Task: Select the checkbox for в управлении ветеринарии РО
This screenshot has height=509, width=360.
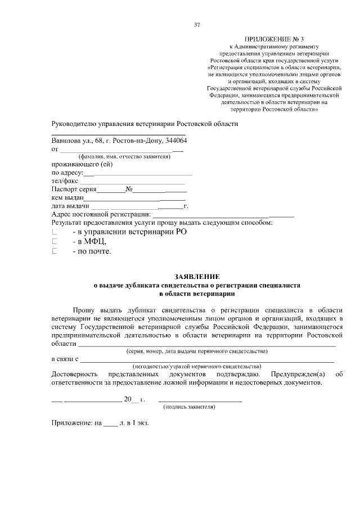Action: coord(55,231)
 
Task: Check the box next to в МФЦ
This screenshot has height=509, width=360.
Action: coord(55,241)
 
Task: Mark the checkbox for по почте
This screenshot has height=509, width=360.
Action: coord(55,251)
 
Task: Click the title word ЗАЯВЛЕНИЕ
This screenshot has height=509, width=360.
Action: coord(196,277)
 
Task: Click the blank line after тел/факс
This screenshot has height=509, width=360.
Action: coord(132,181)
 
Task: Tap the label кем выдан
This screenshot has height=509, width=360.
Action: coord(67,198)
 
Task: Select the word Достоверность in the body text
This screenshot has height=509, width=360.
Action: coord(76,374)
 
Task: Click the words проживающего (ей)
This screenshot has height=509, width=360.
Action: coord(82,164)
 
